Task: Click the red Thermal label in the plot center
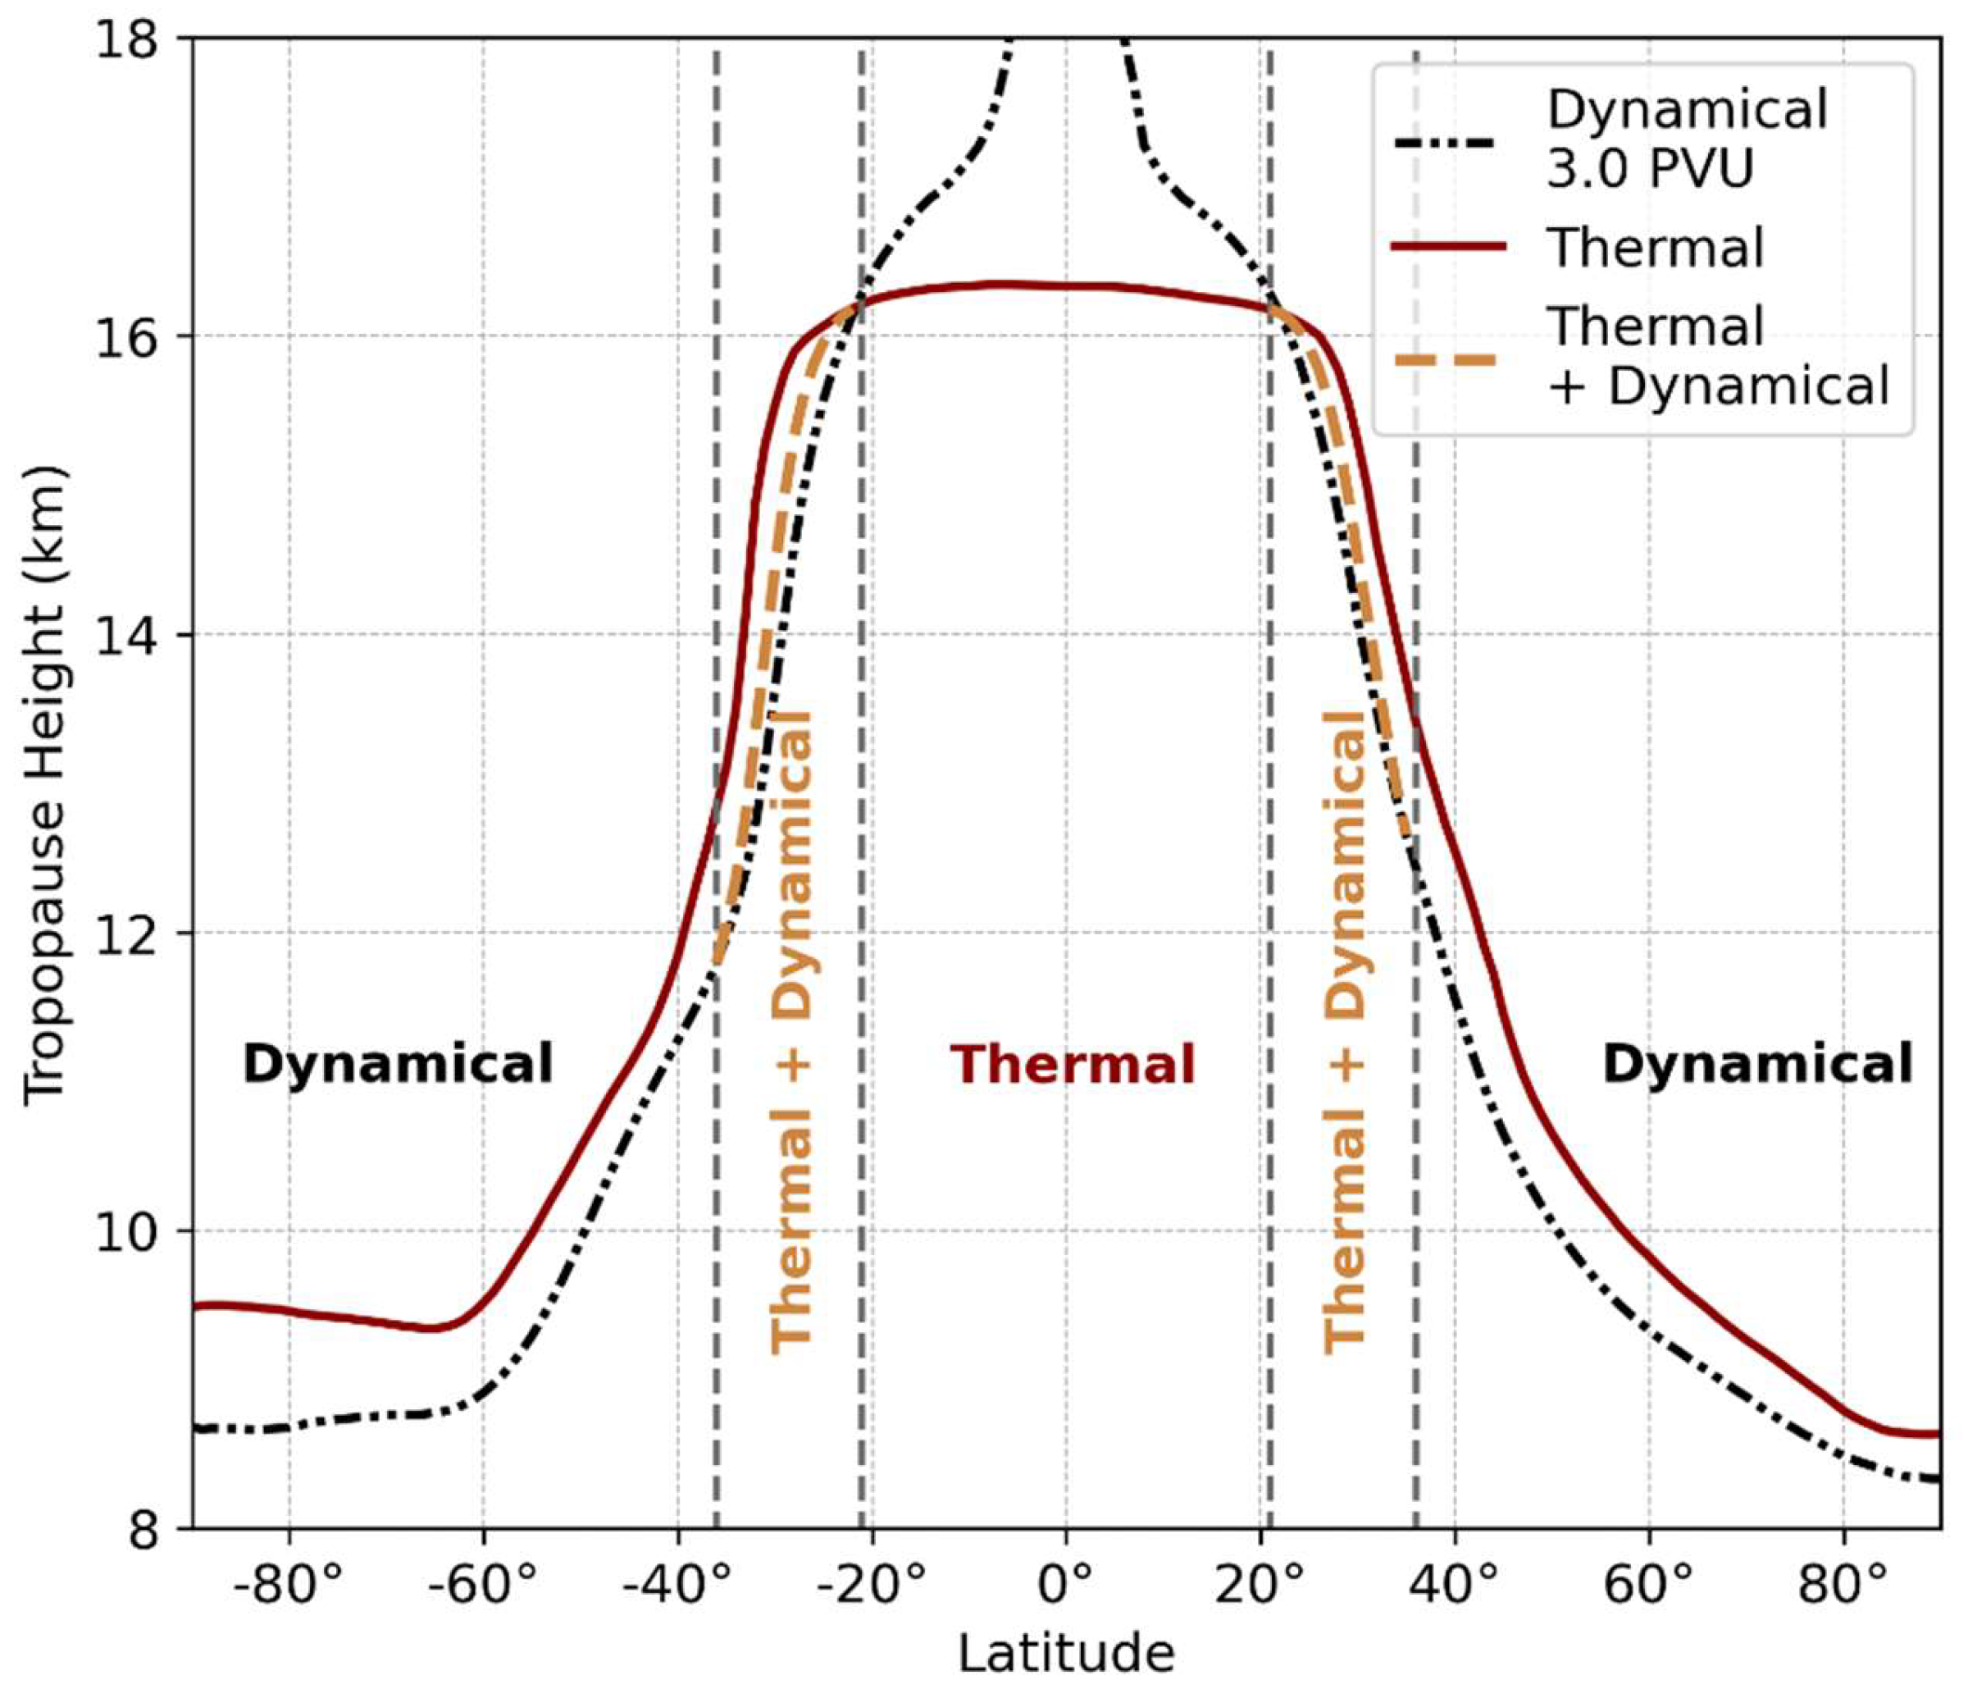(1073, 1064)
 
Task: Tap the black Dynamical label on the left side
(397, 1064)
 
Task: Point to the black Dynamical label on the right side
(1757, 1064)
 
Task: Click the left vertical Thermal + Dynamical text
(791, 1031)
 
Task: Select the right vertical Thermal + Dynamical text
(1345, 1031)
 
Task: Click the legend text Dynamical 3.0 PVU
(1686, 138)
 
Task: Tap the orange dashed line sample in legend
(1447, 359)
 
